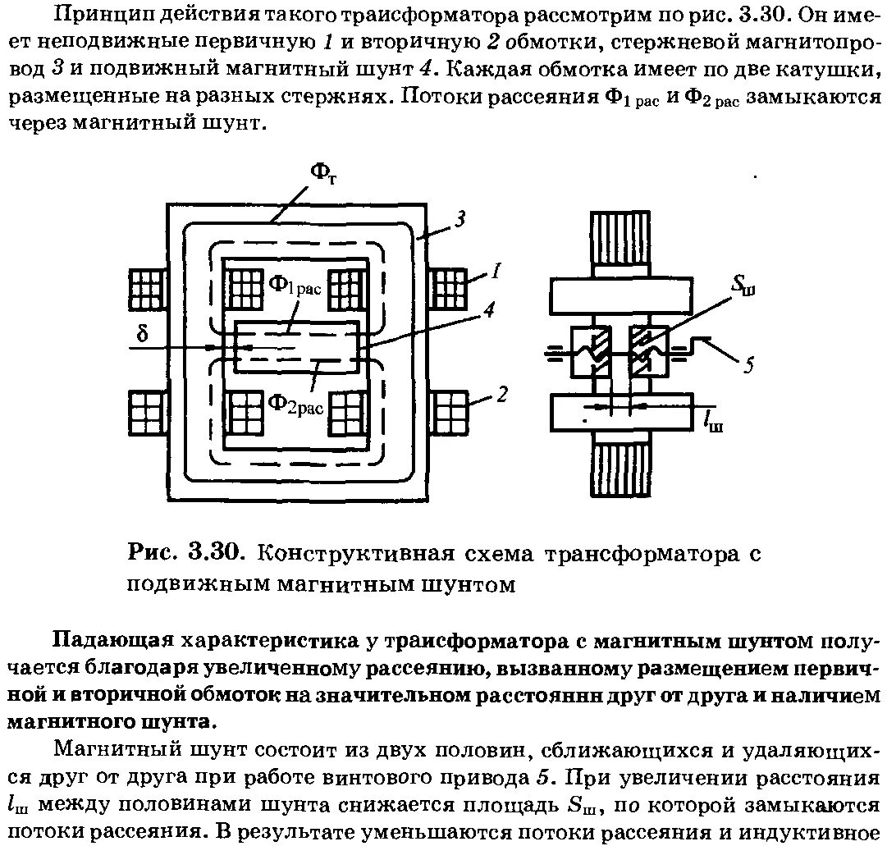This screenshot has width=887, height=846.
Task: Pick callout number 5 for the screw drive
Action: [748, 366]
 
